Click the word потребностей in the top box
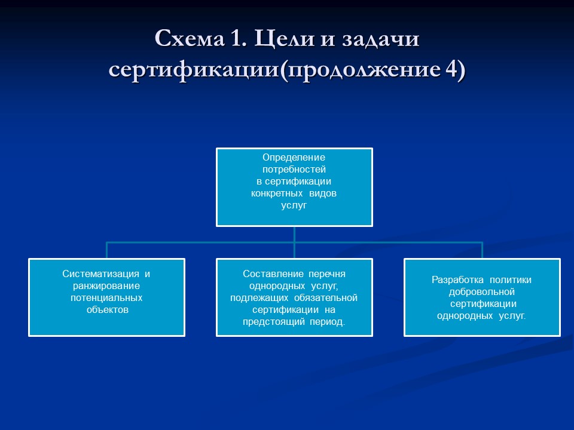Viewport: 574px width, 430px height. tap(294, 170)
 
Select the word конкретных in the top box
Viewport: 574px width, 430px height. tap(276, 193)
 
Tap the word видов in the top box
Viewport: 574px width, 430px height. tap(323, 193)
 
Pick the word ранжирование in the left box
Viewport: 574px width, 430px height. tap(106, 286)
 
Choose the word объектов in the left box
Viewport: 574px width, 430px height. tap(107, 310)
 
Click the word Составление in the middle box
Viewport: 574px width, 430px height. tap(273, 274)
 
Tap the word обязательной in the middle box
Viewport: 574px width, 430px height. tap(326, 298)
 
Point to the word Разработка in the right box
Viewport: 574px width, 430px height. tap(457, 279)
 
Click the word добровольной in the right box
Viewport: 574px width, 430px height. tap(482, 291)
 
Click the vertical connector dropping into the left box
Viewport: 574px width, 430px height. tap(107, 250)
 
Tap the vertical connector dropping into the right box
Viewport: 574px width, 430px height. tap(482, 250)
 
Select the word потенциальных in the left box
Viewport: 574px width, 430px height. tap(106, 298)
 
